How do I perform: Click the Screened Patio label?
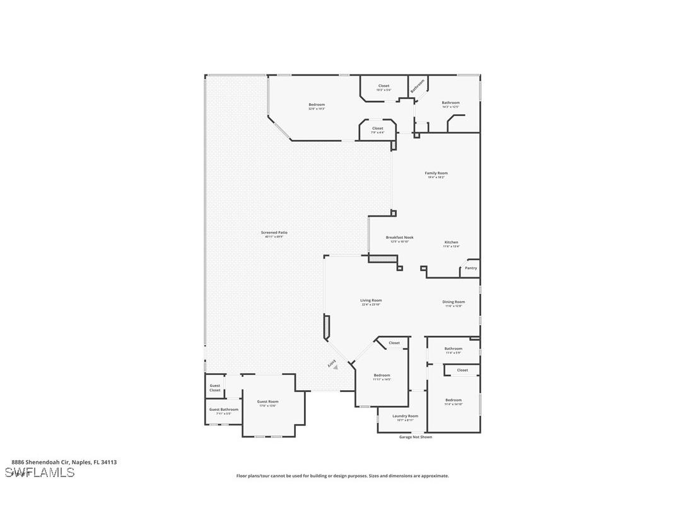pos(274,233)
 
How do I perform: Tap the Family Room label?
pos(436,173)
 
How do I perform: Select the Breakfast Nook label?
pos(399,238)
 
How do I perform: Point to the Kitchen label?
pos(451,243)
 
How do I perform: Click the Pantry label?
pos(471,268)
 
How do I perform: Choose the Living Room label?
pos(372,301)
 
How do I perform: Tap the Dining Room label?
pos(454,302)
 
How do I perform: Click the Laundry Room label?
pos(405,416)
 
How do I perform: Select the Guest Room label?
pos(267,401)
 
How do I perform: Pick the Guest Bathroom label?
pos(224,410)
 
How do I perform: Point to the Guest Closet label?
pos(215,388)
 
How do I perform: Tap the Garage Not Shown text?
pos(416,437)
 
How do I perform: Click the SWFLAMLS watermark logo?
pos(39,472)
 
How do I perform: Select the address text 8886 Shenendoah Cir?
pos(64,462)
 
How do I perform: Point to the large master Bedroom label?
pos(317,105)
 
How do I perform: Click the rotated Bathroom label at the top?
pos(417,85)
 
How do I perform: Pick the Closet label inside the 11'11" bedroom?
pos(394,343)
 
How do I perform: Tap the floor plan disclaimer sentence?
pos(342,476)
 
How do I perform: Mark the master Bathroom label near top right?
pos(450,103)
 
